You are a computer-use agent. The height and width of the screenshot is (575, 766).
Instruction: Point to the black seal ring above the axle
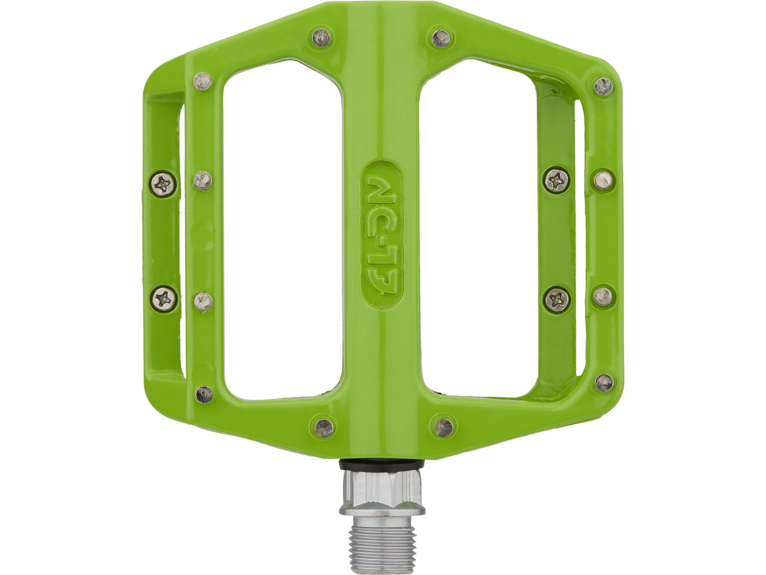(x=382, y=465)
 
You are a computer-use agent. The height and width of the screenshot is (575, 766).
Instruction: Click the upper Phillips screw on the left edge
(x=163, y=184)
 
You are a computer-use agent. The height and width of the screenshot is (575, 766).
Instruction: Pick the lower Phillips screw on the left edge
(x=164, y=299)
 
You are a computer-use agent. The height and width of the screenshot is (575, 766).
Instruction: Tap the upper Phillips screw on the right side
(x=557, y=181)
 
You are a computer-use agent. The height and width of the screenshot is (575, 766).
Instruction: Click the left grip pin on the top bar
(x=321, y=38)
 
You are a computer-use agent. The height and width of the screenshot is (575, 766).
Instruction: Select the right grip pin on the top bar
(x=441, y=38)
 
